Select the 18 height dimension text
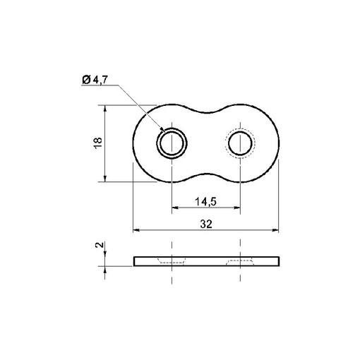pyautogui.click(x=98, y=143)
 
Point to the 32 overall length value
pyautogui.click(x=205, y=224)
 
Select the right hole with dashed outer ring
pyautogui.click(x=241, y=144)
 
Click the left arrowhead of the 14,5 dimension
pyautogui.click(x=174, y=208)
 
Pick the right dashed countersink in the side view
pyautogui.click(x=241, y=262)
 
